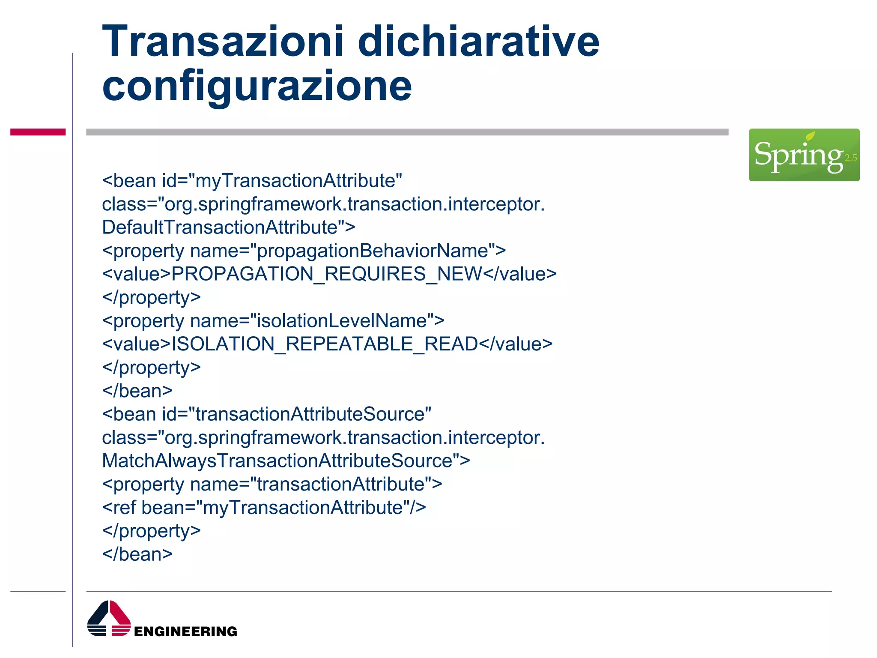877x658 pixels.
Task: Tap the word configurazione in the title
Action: pos(257,87)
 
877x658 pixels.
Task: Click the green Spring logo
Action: pos(804,155)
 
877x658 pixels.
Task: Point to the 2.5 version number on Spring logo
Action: pos(850,158)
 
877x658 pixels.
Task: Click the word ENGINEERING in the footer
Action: pos(185,631)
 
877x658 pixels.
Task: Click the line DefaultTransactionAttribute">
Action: pos(229,227)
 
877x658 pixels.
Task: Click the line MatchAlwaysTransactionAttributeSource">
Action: pos(286,461)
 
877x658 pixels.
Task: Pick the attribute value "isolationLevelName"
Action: pos(341,321)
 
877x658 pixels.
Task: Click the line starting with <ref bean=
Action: pos(264,508)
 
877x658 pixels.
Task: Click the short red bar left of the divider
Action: pos(38,132)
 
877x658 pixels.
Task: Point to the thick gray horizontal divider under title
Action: pos(407,132)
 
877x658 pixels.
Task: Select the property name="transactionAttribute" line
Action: pos(272,485)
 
